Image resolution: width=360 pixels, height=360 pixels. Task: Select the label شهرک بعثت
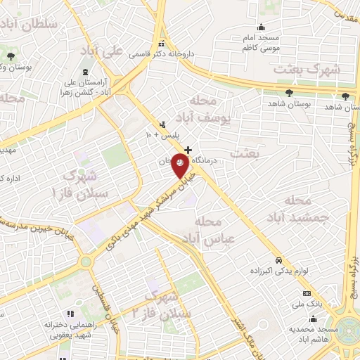308,70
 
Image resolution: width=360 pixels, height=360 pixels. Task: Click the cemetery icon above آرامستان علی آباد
85,73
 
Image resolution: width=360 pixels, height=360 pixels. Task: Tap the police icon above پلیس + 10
163,124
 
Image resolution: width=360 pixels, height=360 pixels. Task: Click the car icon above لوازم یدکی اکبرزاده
279,259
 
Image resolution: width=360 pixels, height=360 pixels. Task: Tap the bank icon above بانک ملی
306,293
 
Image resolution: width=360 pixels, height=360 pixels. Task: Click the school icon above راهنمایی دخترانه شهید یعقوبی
70,314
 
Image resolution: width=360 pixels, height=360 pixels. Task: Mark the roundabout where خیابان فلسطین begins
86,262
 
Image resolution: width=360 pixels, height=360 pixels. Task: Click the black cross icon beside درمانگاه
187,149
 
